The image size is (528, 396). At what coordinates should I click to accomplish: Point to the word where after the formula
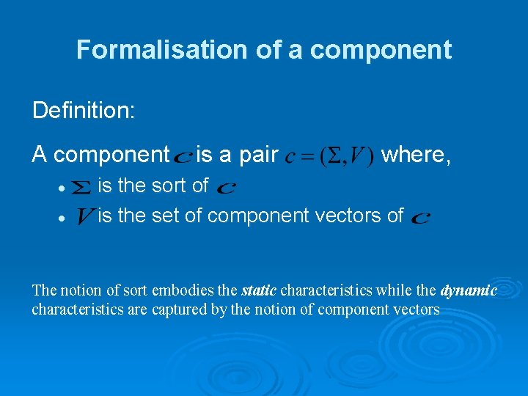click(416, 155)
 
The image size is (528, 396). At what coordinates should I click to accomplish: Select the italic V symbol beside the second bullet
click(84, 216)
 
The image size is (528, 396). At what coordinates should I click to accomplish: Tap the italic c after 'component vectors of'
click(421, 218)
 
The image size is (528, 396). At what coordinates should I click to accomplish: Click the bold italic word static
click(259, 290)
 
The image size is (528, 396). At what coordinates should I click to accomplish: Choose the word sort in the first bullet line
click(169, 186)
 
